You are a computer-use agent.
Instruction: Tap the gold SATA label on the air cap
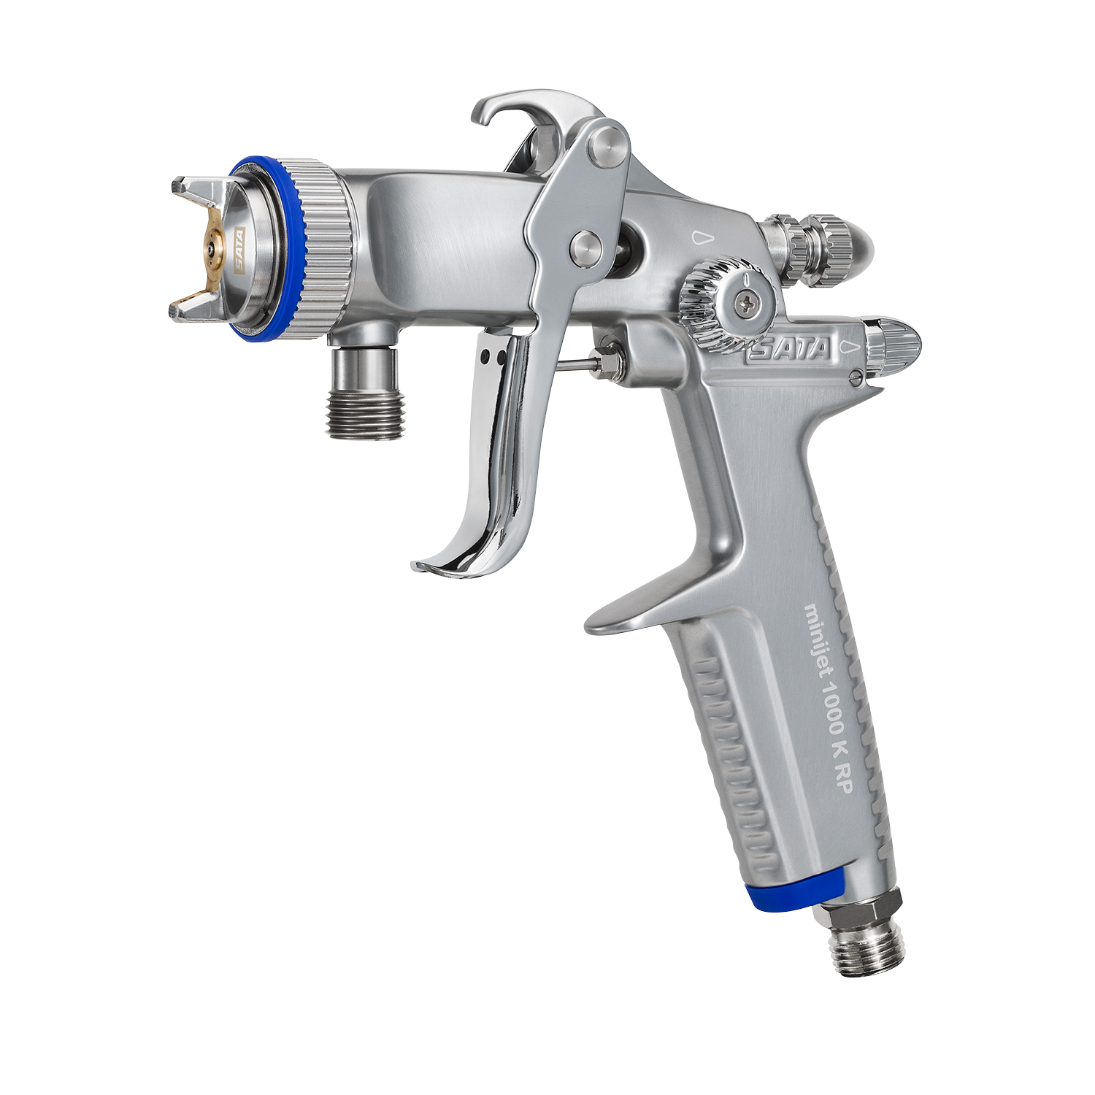pos(239,249)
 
